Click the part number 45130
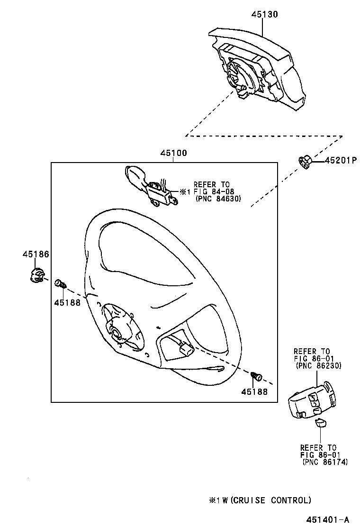pyautogui.click(x=264, y=14)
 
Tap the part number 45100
pyautogui.click(x=173, y=153)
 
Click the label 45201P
pyautogui.click(x=340, y=161)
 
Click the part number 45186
pyautogui.click(x=36, y=254)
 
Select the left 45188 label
pyautogui.click(x=67, y=302)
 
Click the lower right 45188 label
pyautogui.click(x=254, y=391)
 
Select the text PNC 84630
pyautogui.click(x=218, y=200)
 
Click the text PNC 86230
pyautogui.click(x=318, y=366)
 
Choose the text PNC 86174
pyautogui.click(x=324, y=462)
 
